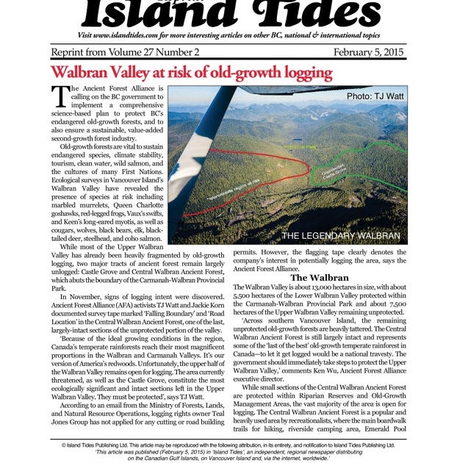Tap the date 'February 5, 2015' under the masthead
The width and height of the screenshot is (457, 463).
(x=369, y=52)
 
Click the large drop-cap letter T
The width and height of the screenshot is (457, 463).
(x=60, y=96)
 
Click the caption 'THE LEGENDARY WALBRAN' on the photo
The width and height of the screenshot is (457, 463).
(x=341, y=236)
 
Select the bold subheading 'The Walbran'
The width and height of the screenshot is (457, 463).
(x=319, y=277)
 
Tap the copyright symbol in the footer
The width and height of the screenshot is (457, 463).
(x=65, y=445)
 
